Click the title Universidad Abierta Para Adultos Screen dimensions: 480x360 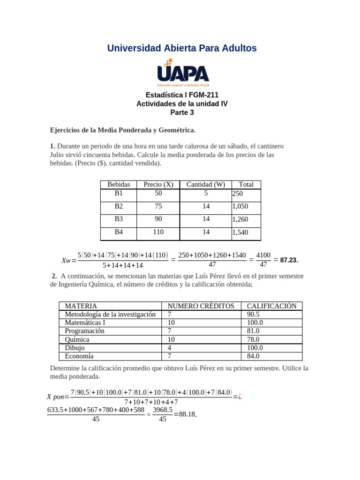182,48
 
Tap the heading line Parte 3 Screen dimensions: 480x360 182,112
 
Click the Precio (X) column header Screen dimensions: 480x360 158,185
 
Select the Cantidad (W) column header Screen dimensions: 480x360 206,185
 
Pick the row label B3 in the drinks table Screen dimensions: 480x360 119,218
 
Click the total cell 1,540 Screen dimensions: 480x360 240,232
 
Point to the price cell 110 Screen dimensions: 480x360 158,232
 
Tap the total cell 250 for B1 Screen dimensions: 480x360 238,194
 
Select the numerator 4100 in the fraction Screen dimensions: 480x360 263,255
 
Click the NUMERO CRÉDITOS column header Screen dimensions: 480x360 201,306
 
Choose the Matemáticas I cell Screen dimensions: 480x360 85,322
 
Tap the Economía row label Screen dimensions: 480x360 79,356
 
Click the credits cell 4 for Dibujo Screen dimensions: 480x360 170,348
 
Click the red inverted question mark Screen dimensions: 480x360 240,397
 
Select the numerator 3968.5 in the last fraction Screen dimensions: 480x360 163,410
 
